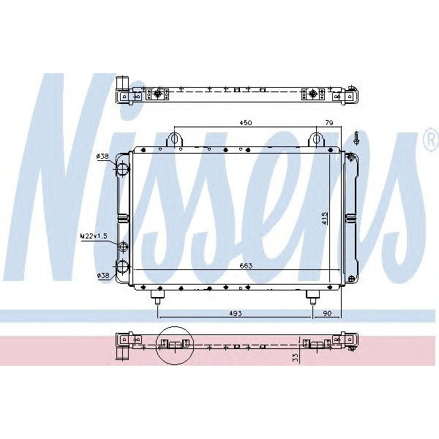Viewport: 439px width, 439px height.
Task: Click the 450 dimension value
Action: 246,123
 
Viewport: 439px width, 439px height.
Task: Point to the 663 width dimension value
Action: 245,266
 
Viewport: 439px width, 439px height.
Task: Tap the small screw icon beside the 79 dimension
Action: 355,137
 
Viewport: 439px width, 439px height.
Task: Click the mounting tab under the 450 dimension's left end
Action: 174,139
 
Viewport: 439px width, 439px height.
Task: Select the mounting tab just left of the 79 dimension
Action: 315,139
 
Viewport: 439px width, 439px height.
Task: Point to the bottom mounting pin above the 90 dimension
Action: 312,296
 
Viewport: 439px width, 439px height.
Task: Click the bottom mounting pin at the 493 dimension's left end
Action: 157,296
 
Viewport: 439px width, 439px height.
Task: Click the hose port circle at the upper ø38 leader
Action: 121,169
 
